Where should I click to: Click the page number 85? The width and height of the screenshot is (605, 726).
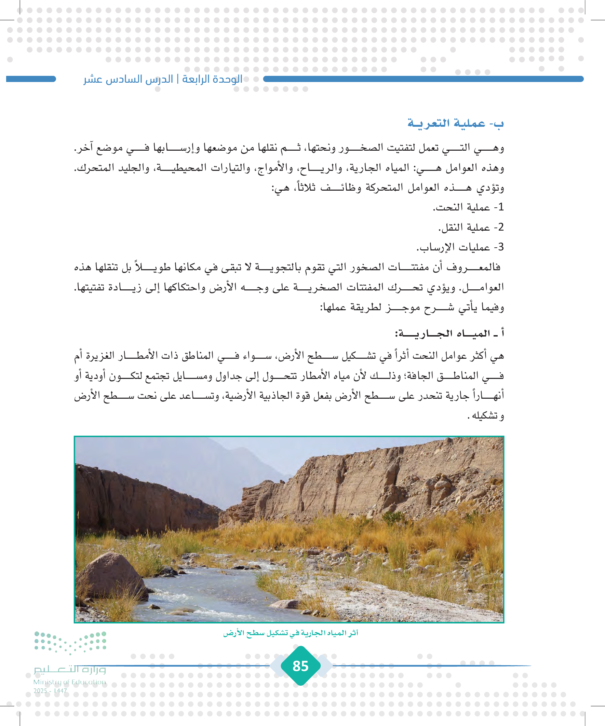(x=300, y=666)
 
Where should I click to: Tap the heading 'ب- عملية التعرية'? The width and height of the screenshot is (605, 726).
(x=455, y=123)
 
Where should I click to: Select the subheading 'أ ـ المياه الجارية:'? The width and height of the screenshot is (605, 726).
(x=449, y=333)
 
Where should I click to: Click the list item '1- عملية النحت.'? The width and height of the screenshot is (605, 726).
(x=468, y=207)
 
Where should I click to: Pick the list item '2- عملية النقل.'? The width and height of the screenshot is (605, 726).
(x=471, y=227)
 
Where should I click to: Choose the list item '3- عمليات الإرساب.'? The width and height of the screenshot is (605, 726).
(x=460, y=247)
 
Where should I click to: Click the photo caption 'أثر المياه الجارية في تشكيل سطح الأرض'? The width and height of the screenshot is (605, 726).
(x=291, y=633)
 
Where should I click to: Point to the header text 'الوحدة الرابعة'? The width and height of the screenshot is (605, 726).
(x=212, y=79)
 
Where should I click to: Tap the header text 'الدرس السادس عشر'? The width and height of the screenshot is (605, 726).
(x=128, y=79)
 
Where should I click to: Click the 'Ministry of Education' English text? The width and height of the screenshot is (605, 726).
(x=69, y=682)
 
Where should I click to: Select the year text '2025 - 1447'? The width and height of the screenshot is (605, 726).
(x=50, y=691)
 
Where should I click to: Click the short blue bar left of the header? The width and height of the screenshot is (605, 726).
(x=31, y=79)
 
